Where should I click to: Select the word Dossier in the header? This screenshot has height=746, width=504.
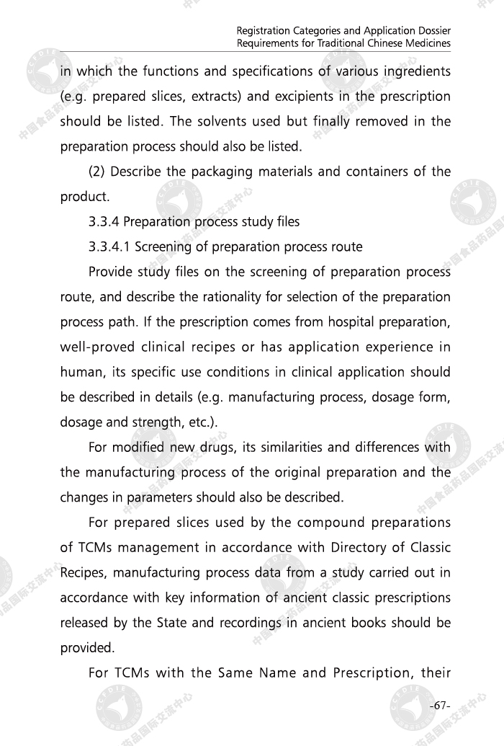pos(430,31)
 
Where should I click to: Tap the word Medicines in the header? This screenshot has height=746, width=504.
pos(429,43)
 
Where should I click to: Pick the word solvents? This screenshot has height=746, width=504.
pos(219,121)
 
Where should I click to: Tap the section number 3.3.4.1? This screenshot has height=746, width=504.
pos(109,247)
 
